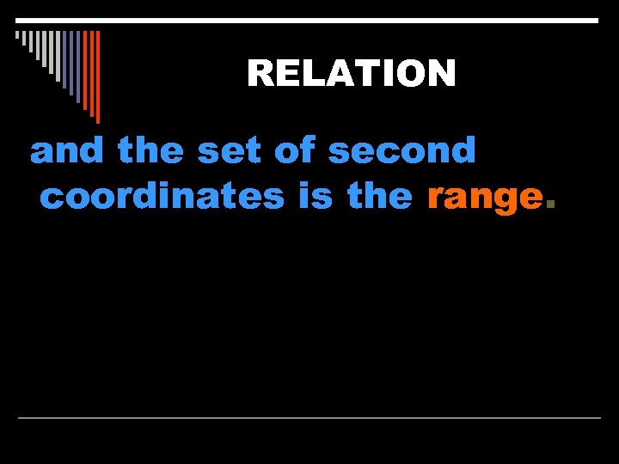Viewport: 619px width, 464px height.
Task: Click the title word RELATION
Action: coord(351,74)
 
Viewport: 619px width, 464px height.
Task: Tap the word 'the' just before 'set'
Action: coord(150,151)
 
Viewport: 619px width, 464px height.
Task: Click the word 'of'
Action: coord(294,151)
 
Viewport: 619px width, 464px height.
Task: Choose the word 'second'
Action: coord(401,152)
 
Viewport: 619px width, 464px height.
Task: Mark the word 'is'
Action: coord(317,197)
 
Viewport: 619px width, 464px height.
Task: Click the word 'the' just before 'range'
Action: coord(379,197)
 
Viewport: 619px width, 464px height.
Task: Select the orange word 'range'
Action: coord(485,198)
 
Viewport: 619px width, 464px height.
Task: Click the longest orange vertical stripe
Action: coord(97,76)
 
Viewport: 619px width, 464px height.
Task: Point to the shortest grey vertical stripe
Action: coord(16,36)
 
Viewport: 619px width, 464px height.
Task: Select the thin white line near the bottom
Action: coord(309,418)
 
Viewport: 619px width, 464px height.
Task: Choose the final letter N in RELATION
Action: coord(442,74)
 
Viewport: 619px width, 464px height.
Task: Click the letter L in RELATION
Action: coord(311,74)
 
